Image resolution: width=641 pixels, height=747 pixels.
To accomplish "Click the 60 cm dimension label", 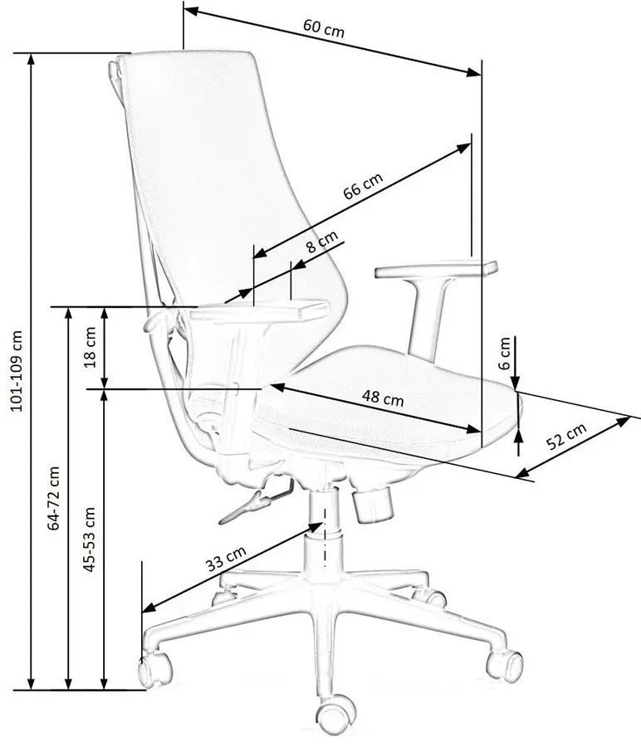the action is point(324,28).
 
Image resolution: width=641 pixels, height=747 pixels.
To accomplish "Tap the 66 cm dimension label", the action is point(363,186).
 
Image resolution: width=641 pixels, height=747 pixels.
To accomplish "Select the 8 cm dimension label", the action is point(321,242).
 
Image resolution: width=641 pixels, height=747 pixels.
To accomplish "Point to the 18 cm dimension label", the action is point(90,347).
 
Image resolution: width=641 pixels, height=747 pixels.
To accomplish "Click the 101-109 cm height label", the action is point(16,371).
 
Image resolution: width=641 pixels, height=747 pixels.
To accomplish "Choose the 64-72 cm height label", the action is point(53,498).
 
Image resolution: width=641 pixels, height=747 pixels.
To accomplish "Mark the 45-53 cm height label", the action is point(89,539).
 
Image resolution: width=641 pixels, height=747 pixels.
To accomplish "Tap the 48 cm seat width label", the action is point(383,398).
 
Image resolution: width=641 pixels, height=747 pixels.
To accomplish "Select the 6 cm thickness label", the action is point(504,354).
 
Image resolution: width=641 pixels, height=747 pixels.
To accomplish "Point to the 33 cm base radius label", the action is point(226,559).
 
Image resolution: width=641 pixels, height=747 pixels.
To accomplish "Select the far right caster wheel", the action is point(505,665).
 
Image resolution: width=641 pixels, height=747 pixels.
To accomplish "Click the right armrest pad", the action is point(436,269).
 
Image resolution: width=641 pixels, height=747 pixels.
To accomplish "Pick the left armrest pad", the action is point(259,310).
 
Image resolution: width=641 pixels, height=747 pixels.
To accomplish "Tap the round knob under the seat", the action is point(373,505).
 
